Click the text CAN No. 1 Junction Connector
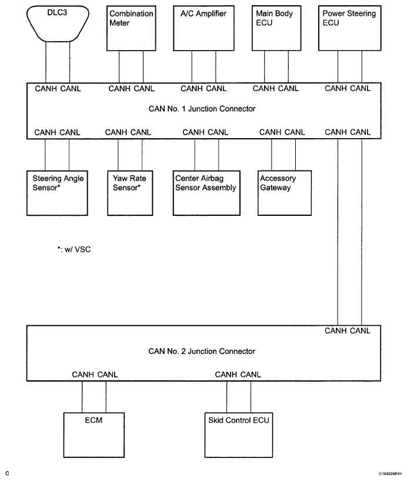coord(202,109)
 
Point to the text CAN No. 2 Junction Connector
coord(202,351)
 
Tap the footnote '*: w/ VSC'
coord(74,249)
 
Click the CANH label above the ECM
coord(82,375)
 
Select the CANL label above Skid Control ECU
coord(251,375)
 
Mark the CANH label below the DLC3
coord(46,89)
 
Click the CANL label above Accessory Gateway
coord(295,132)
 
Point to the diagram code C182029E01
coord(390,474)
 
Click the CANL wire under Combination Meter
coord(143,67)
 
